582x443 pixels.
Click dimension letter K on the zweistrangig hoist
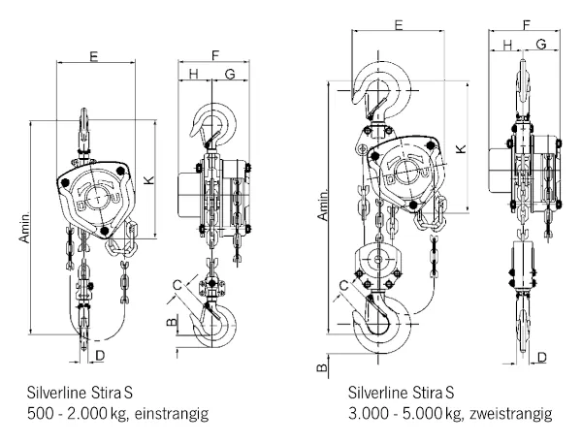coord(462,147)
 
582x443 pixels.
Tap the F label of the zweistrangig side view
coord(525,23)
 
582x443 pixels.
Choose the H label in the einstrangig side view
coord(193,75)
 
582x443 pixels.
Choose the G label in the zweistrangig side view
coord(540,44)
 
